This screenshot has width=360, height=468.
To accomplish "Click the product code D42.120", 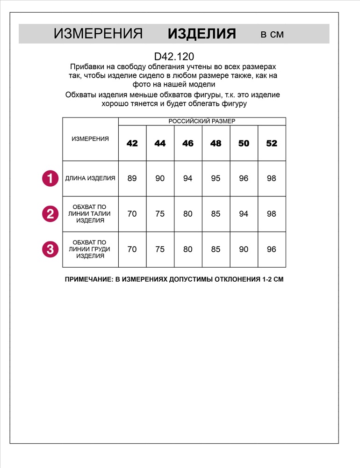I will [174, 57].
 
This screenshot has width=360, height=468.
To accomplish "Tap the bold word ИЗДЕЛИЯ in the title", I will [202, 34].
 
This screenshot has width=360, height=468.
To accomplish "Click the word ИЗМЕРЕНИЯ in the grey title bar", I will [98, 34].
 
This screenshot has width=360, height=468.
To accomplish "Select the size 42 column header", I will [132, 143].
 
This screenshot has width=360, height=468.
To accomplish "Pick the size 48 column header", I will [216, 143].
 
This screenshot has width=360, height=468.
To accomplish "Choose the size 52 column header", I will [272, 143].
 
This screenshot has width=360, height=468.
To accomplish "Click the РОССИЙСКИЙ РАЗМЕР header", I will [202, 121].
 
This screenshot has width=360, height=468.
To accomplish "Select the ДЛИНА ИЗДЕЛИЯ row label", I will [90, 178].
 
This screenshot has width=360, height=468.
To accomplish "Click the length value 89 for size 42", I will [132, 178].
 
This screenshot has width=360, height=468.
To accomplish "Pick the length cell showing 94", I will [188, 178].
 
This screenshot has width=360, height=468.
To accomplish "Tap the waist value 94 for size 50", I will [244, 214].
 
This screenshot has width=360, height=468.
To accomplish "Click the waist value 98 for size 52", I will [272, 214].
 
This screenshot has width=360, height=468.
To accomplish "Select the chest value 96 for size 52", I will [272, 249].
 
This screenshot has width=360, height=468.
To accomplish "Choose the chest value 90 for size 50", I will [244, 249].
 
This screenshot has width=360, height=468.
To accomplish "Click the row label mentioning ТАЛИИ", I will [90, 214].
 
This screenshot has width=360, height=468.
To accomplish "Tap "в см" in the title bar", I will [272, 34].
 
